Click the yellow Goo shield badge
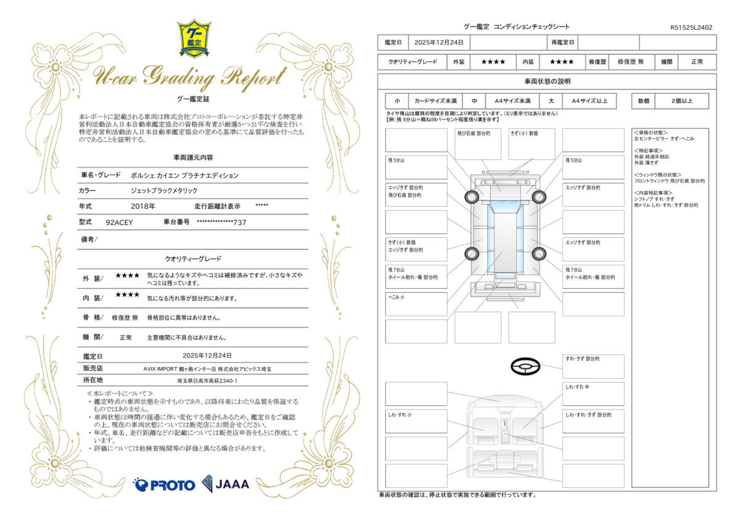click(x=194, y=39)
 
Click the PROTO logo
click(x=164, y=485)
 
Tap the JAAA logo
click(x=226, y=484)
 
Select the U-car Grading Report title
click(x=190, y=77)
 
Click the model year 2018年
click(x=143, y=207)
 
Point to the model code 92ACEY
click(x=119, y=223)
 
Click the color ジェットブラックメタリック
click(x=164, y=191)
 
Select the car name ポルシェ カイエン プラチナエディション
click(x=184, y=175)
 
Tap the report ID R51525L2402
click(x=691, y=28)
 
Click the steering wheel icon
click(x=525, y=366)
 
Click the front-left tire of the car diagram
click(x=472, y=197)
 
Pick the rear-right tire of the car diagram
click(x=539, y=253)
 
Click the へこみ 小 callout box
click(x=416, y=304)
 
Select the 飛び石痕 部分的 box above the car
click(x=478, y=144)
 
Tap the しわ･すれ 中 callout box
click(x=593, y=394)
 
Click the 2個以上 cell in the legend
click(x=682, y=101)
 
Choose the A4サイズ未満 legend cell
click(x=512, y=101)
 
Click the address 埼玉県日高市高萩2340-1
click(x=207, y=381)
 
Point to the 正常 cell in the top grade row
click(x=697, y=62)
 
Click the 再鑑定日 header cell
click(x=562, y=43)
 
